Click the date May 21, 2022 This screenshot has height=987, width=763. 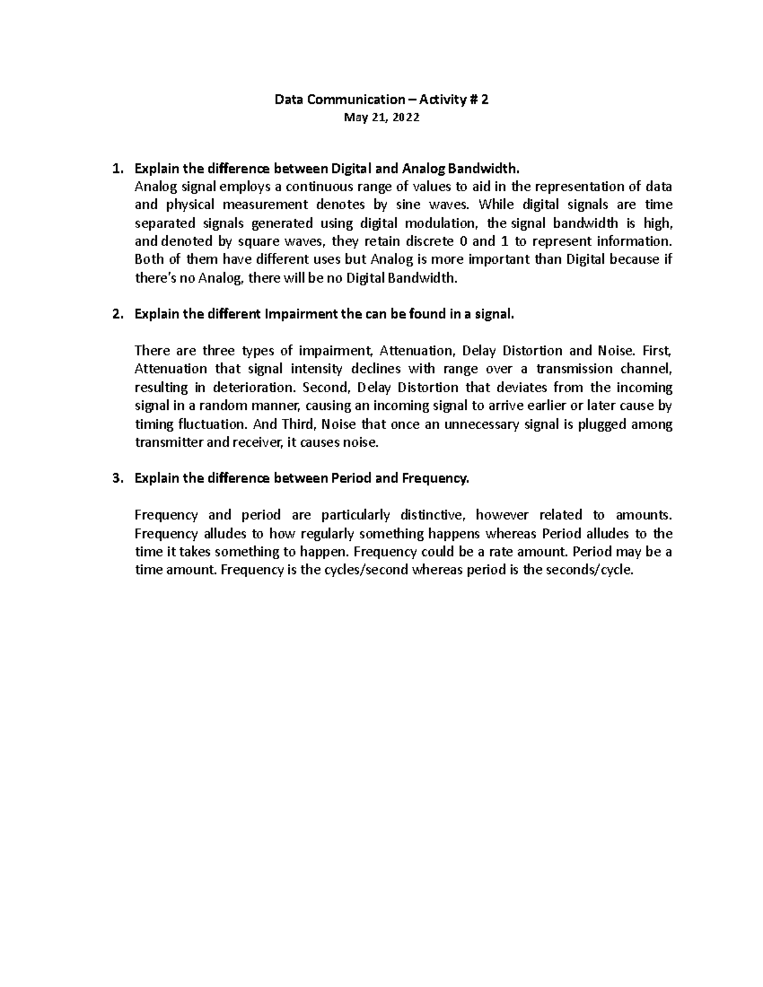tap(381, 118)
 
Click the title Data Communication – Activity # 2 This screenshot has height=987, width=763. tap(381, 100)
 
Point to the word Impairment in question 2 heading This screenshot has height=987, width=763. tap(301, 315)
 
